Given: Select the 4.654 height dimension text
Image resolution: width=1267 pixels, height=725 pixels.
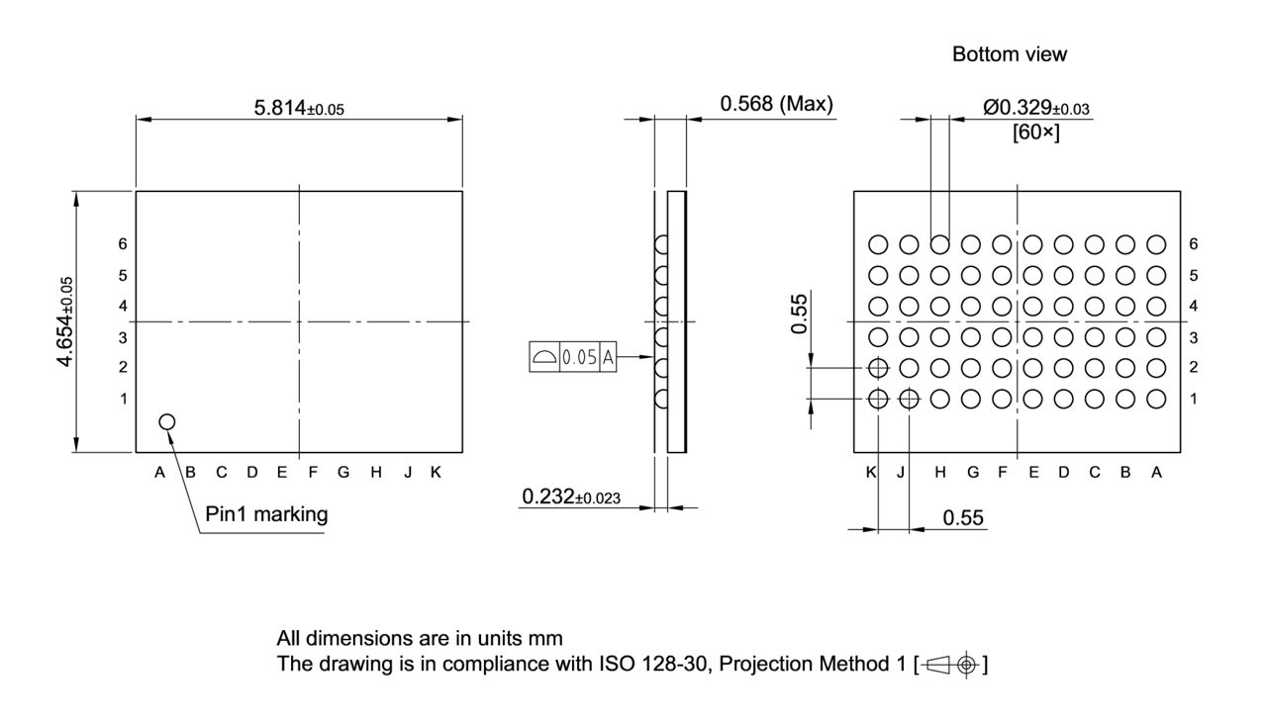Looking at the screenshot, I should (66, 321).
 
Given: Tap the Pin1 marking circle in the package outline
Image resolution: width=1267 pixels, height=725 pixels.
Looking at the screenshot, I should (166, 422).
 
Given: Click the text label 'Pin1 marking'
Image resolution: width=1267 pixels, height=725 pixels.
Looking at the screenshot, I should (266, 514).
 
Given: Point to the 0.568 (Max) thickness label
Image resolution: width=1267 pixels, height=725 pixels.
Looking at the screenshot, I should (776, 104).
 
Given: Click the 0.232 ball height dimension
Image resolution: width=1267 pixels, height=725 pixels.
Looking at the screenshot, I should (571, 497).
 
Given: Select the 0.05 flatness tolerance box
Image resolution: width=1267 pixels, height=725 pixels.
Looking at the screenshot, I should (579, 358).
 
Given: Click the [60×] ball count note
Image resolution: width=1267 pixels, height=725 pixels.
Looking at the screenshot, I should (1035, 133).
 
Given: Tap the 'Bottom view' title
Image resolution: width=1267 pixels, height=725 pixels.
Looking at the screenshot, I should (1010, 55).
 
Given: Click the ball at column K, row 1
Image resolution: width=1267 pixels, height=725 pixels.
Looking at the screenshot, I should (878, 400).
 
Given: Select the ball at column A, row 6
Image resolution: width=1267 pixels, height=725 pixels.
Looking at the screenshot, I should (1156, 244).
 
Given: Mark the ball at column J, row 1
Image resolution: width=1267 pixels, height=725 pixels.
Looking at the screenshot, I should (909, 400).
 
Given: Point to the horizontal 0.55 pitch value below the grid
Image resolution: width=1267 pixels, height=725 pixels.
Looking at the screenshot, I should (963, 517).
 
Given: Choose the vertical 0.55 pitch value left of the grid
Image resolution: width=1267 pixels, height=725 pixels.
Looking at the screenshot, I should (800, 314).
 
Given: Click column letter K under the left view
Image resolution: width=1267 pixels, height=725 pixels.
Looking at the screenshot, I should (436, 472).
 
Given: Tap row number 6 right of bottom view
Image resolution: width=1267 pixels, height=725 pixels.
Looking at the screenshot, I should (1194, 244).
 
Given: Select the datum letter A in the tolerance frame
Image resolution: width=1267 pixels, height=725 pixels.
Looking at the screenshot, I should (608, 358).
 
